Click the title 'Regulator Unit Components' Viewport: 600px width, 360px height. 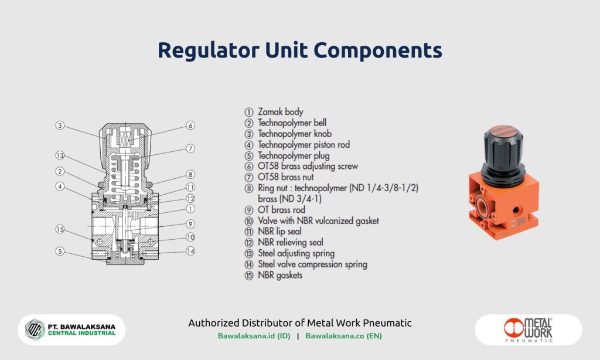(x=299, y=50)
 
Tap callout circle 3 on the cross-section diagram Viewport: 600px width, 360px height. (x=60, y=125)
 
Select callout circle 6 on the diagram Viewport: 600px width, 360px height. (x=190, y=125)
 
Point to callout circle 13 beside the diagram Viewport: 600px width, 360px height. (x=60, y=155)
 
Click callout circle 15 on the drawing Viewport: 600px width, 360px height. (x=60, y=229)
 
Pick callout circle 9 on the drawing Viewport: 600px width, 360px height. (x=190, y=223)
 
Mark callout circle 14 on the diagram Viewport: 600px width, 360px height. (x=190, y=252)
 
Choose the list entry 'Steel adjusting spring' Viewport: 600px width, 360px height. (x=296, y=253)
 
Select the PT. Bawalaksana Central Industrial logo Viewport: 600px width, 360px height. (x=71, y=330)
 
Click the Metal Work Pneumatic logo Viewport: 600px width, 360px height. (x=528, y=330)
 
